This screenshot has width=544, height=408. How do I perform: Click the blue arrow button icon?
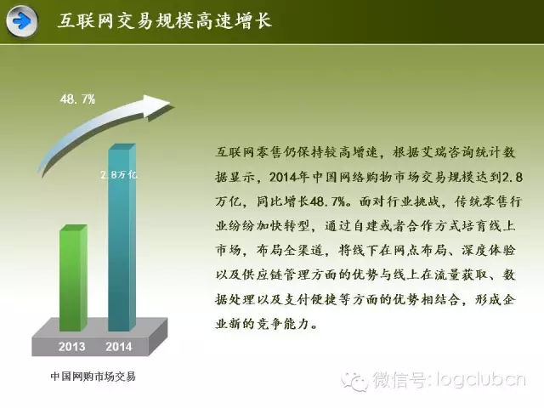point(22,21)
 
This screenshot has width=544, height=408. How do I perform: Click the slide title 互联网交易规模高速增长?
point(164,20)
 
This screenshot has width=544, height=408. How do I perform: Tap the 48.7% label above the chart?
point(77,99)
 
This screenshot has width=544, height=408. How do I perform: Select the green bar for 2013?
point(73,278)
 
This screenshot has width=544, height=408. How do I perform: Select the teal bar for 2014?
point(122,237)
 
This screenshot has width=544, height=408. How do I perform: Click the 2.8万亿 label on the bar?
point(119,174)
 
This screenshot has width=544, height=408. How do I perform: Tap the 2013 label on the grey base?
point(71,347)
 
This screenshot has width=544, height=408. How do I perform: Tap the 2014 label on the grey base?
point(119,347)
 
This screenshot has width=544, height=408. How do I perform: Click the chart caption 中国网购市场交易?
point(93,377)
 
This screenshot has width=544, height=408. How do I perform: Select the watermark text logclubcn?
point(481,380)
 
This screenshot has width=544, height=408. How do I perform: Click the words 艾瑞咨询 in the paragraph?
point(447,153)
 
